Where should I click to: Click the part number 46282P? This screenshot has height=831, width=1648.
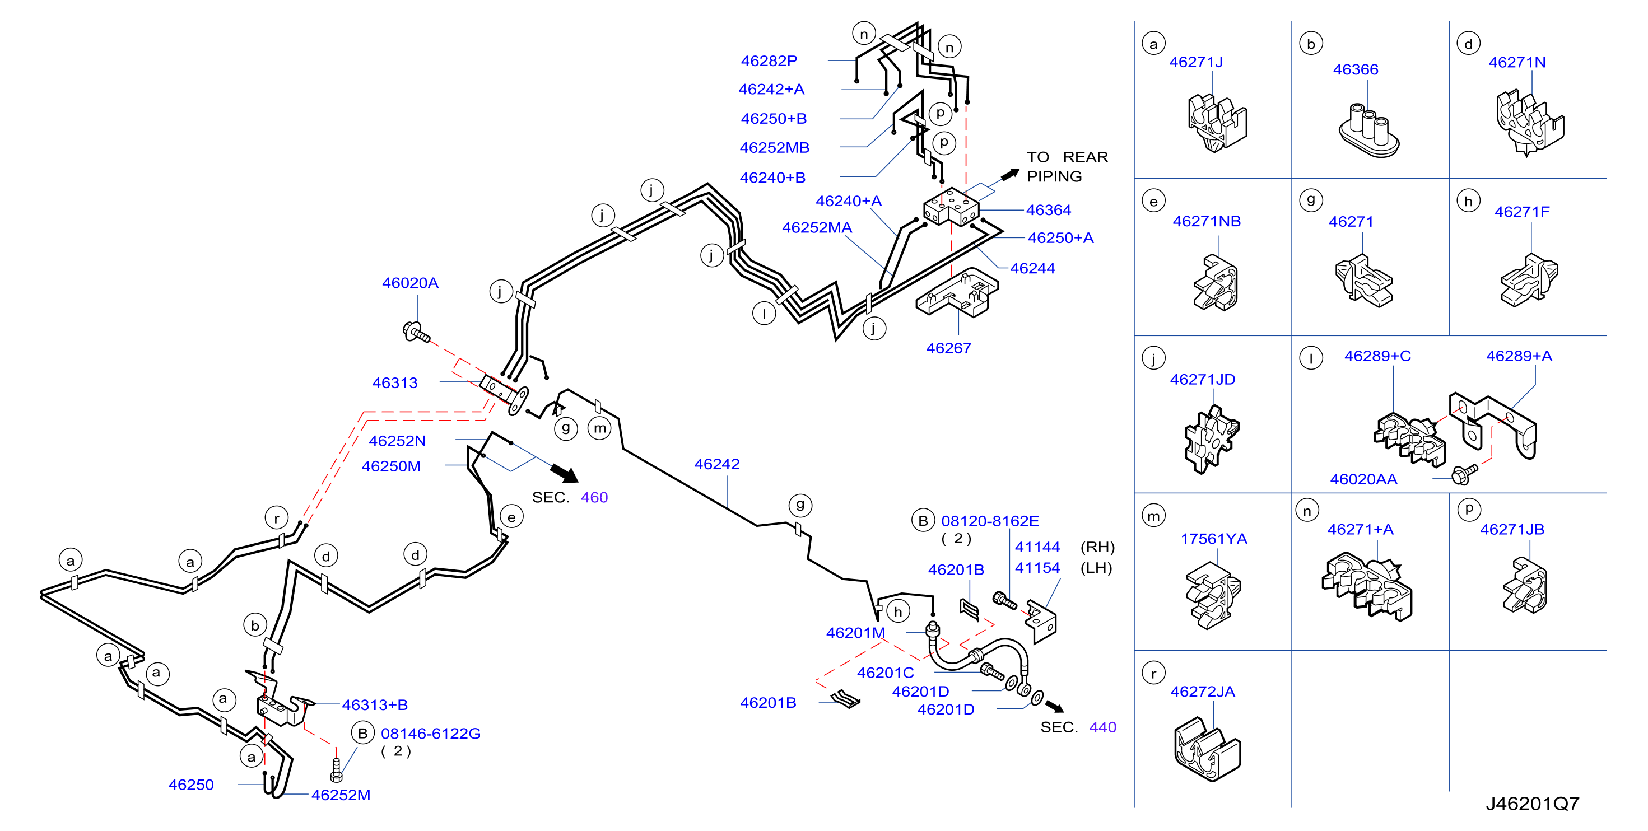pos(769,61)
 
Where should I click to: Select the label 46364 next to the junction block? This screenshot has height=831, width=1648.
pos(1049,210)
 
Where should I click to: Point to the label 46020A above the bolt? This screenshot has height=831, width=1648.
pos(410,283)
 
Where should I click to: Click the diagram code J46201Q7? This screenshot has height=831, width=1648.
pos(1532,804)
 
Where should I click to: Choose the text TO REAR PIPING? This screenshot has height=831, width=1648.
pos(1067,166)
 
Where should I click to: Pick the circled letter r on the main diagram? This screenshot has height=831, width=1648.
pos(276,518)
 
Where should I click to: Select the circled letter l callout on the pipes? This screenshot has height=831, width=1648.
pos(764,314)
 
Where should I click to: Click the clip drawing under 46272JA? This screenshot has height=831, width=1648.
pos(1207,749)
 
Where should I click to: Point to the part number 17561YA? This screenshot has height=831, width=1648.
pos(1214,539)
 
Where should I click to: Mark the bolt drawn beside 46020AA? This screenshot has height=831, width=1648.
pos(1465,473)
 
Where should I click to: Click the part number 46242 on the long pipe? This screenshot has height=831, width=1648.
pos(716,464)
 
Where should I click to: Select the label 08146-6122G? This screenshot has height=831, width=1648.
pos(431,733)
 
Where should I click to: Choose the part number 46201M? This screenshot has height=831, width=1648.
pos(855,633)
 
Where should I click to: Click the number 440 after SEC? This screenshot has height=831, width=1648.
pos(1103,727)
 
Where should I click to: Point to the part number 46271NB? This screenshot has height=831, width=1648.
pos(1207,221)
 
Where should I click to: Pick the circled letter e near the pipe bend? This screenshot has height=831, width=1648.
pos(511,517)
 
